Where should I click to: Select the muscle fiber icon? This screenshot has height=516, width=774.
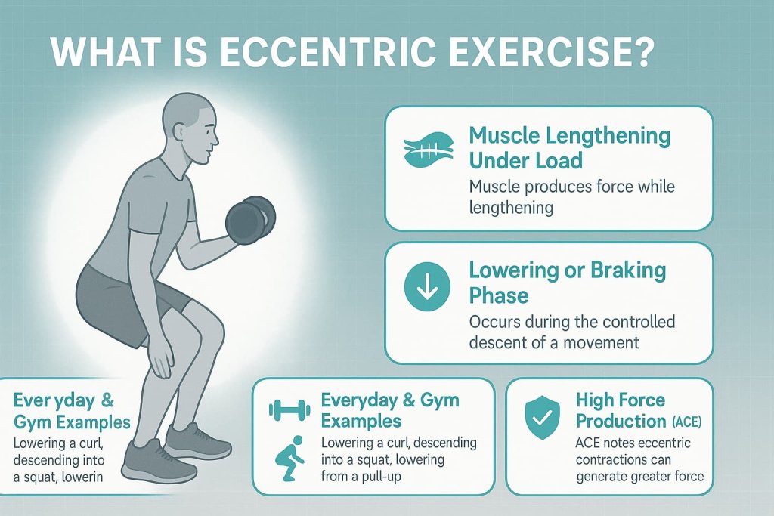pyautogui.click(x=428, y=147)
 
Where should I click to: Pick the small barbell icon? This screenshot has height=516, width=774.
pyautogui.click(x=290, y=410)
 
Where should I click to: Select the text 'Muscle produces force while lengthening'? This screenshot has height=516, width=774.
pyautogui.click(x=571, y=195)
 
